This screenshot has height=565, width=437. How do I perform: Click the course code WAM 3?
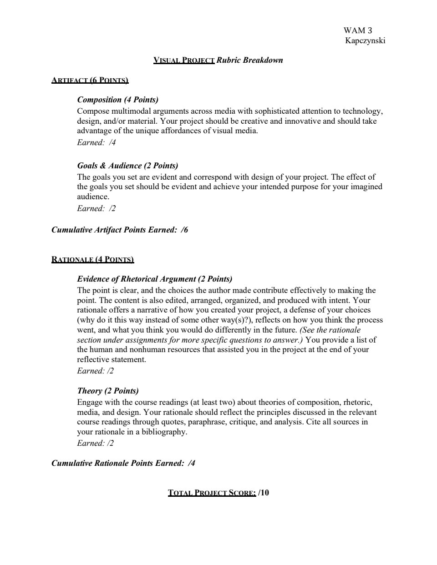click(358, 30)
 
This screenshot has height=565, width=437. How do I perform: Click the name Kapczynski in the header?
click(366, 40)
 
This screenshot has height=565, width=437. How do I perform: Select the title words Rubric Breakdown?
click(249, 60)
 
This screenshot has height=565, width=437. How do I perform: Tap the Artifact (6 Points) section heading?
click(90, 81)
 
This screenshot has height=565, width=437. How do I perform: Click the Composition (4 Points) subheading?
click(117, 100)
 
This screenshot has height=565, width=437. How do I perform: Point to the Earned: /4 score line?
click(96, 142)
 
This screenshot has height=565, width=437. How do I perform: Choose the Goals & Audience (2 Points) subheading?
click(127, 166)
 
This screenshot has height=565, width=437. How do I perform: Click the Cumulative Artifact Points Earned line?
click(119, 230)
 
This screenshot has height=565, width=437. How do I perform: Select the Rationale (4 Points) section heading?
click(92, 260)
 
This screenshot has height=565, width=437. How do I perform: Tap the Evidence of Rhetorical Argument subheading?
click(154, 279)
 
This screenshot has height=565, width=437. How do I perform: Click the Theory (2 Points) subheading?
click(108, 391)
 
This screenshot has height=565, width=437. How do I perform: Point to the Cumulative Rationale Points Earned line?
click(123, 463)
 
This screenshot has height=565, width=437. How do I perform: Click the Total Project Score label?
click(212, 493)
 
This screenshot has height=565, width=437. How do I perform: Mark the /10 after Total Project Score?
click(264, 493)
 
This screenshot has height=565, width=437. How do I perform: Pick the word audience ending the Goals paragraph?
click(93, 197)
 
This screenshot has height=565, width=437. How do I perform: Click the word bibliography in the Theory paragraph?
click(164, 432)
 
